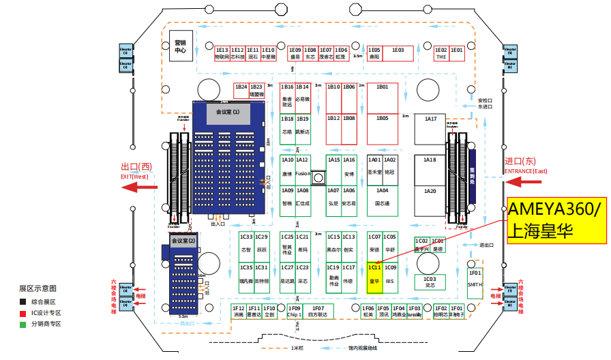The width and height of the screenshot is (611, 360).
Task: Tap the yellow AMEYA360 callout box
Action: [556, 222]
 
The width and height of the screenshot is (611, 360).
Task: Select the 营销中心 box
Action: [180, 46]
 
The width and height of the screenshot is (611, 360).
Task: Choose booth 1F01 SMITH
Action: [475, 280]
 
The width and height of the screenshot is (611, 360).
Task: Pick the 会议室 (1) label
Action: [228, 110]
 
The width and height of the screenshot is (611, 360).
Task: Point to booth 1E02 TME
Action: [441, 54]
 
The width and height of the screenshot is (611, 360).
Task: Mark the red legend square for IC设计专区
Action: [23, 313]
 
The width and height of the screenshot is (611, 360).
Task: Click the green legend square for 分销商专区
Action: [23, 324]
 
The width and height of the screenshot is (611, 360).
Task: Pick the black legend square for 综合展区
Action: [23, 302]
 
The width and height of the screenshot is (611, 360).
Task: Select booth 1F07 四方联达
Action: [318, 312]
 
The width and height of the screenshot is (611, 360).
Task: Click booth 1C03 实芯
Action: [430, 282]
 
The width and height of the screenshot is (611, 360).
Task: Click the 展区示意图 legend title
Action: [38, 288]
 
